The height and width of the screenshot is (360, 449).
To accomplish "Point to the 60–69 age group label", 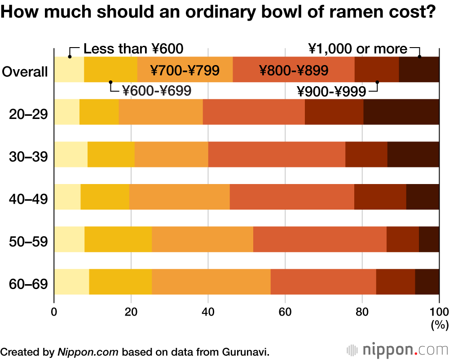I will (x=28, y=285).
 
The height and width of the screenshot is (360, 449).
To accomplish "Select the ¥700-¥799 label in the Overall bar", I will (x=185, y=70).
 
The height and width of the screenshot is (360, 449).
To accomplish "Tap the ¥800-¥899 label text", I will (x=294, y=70).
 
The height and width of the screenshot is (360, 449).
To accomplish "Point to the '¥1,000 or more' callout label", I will (x=357, y=49).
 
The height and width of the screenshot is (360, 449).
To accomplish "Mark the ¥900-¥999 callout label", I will (x=331, y=92).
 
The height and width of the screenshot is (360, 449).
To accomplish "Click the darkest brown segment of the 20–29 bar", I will (x=401, y=112).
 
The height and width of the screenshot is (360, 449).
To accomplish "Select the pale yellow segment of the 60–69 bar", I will (x=71, y=282).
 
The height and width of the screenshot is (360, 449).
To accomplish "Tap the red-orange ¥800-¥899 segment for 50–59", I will (x=320, y=239).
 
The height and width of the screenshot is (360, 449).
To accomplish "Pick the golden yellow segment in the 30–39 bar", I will (x=111, y=154).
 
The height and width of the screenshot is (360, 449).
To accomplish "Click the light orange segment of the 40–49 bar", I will (x=180, y=197).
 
